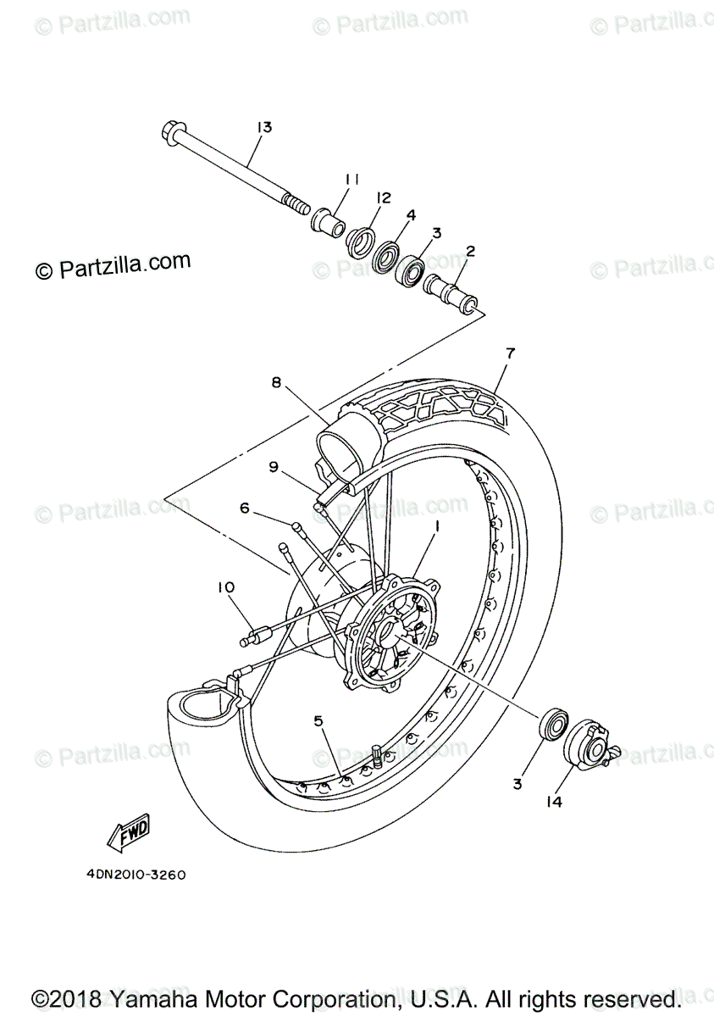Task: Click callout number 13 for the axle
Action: (x=263, y=127)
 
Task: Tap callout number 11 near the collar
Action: (x=351, y=179)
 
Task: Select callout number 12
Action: (x=384, y=197)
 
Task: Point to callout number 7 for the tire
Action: (x=510, y=353)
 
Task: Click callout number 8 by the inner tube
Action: (x=276, y=382)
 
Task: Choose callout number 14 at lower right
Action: (x=556, y=800)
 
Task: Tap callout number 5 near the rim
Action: (x=318, y=721)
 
